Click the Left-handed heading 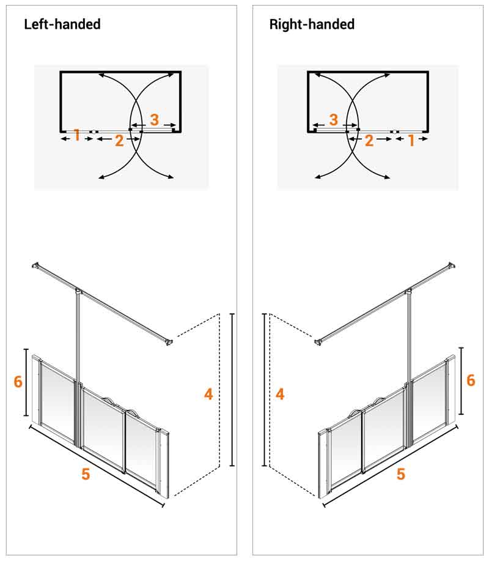62,24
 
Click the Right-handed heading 312,24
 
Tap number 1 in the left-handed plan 76,135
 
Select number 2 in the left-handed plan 119,140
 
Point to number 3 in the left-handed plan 154,119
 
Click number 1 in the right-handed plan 411,140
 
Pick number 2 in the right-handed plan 369,140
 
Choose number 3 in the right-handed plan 334,119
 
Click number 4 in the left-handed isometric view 208,395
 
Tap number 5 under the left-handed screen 86,474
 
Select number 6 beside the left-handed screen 18,382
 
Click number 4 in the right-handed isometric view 280,395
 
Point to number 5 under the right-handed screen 401,474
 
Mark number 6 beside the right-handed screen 471,380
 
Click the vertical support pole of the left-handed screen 78,336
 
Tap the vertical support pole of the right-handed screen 408,336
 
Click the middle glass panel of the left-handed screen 102,425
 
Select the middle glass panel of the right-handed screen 384,425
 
